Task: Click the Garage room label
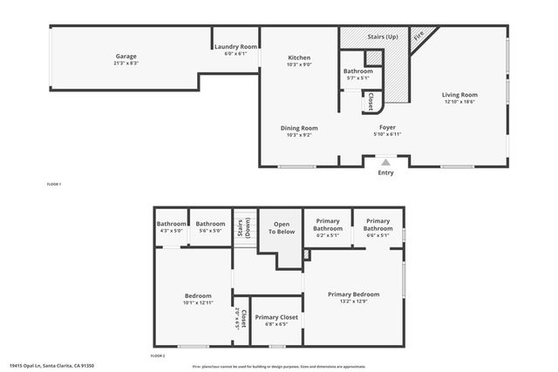pos(126,57)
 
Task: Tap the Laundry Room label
pos(235,47)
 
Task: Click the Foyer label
pos(387,128)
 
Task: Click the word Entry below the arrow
pos(385,172)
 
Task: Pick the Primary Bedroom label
pos(353,294)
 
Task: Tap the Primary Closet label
pos(276,317)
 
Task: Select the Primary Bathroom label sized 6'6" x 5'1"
pos(378,224)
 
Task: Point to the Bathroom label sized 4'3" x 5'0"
pos(171,224)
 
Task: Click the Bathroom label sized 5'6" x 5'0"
pos(211,224)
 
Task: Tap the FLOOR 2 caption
pos(158,356)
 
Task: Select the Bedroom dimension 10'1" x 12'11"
pos(199,302)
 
